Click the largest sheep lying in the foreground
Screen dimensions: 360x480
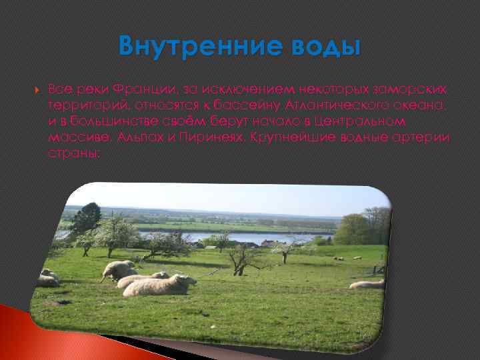[160, 285]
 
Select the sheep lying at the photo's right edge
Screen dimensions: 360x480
[368, 284]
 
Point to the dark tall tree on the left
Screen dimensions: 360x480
[85, 218]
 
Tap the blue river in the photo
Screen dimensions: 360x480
[267, 237]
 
